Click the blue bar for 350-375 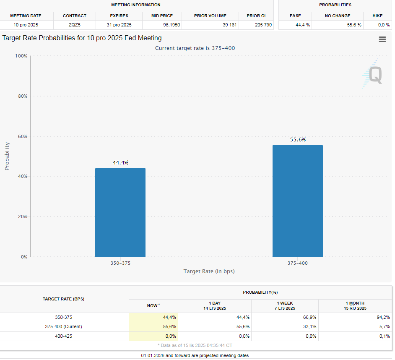(x=120, y=212)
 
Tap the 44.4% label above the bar (x=120, y=163)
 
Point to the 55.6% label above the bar (x=298, y=140)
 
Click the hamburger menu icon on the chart (x=382, y=39)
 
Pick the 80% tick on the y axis (x=21, y=96)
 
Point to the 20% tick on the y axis (x=21, y=217)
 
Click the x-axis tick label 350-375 (x=120, y=263)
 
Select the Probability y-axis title (x=7, y=156)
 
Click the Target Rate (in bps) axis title (x=209, y=271)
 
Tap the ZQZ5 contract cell (x=75, y=25)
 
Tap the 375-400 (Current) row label (x=63, y=326)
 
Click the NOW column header (x=153, y=306)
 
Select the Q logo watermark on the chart (x=373, y=75)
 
